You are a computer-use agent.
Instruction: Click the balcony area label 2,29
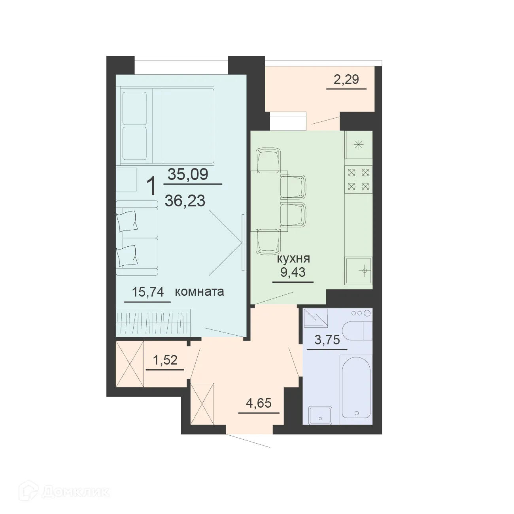click(346, 79)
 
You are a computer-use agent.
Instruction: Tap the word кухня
click(293, 259)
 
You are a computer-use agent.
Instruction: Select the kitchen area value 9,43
click(293, 272)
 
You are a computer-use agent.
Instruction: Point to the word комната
click(199, 292)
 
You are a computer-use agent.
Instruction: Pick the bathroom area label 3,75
click(327, 340)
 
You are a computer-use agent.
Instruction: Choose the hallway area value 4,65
click(259, 404)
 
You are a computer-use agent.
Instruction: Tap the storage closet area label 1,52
click(164, 360)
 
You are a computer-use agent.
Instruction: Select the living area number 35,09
click(188, 174)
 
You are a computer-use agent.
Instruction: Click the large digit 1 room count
click(151, 186)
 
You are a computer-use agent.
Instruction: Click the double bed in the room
click(167, 125)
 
